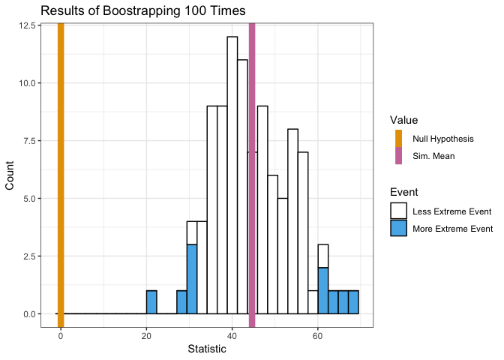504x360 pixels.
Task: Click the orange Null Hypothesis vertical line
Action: click(61, 172)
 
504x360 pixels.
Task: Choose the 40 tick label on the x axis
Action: click(232, 335)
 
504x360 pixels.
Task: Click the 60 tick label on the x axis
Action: click(318, 335)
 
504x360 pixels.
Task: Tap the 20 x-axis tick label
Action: click(146, 335)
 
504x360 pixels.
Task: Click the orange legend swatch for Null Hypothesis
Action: click(398, 139)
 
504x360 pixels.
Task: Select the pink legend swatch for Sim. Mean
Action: click(398, 156)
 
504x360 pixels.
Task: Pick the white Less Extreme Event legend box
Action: click(398, 211)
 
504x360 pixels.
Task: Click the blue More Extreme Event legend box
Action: click(398, 228)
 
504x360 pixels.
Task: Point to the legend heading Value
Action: click(403, 120)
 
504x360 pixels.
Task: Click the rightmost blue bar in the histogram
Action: click(353, 302)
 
